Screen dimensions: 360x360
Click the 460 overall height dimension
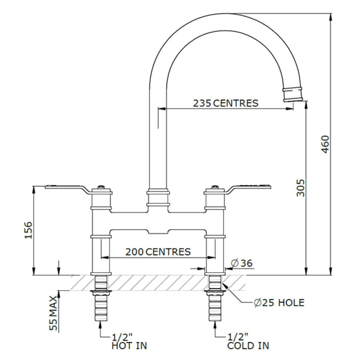325,144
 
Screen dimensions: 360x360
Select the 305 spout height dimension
300,188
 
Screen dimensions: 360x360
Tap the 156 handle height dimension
28,230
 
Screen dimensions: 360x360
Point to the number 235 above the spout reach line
202,103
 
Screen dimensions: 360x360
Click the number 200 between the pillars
135,252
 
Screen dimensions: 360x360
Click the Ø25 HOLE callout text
279,303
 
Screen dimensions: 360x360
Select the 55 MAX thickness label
53,313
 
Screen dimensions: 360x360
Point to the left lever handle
66,188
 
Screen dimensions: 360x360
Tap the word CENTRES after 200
168,252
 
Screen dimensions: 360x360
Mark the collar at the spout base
158,198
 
